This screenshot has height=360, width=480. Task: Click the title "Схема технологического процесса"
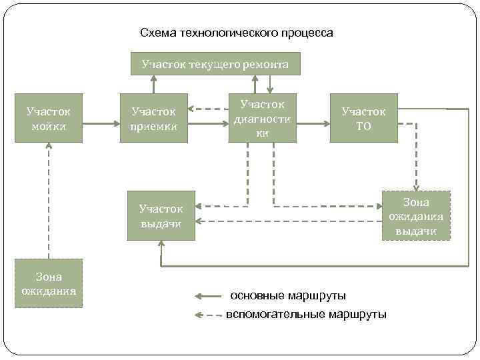[237, 33]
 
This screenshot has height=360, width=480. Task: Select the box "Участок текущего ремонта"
[215, 64]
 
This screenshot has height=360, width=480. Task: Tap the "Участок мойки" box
[48, 118]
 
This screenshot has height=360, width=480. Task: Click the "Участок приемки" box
[154, 118]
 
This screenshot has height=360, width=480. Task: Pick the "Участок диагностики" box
[262, 118]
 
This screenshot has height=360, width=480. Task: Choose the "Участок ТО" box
[363, 118]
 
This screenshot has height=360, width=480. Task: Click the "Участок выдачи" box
[161, 215]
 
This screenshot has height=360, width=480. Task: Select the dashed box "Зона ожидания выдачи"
[417, 216]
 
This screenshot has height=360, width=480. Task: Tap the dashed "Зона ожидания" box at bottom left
[48, 283]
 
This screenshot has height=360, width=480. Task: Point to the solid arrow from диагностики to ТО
[313, 123]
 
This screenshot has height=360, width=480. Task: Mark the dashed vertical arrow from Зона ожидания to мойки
[48, 200]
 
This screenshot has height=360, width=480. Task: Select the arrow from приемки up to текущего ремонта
[153, 83]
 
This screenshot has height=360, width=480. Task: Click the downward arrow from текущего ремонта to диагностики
[269, 83]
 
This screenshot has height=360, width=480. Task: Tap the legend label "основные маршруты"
[287, 295]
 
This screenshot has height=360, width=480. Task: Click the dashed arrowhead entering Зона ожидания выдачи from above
[416, 187]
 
